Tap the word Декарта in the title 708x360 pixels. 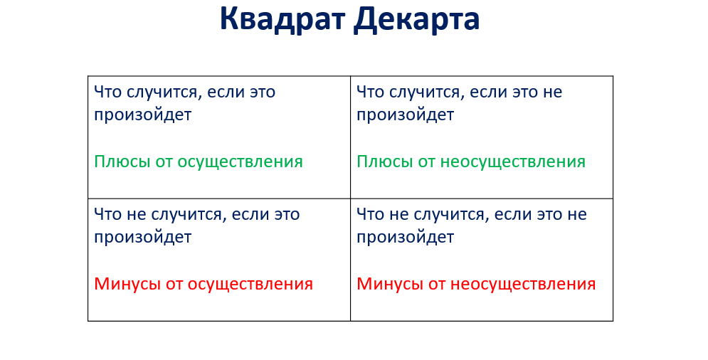point(416,19)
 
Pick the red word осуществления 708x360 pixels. point(250,285)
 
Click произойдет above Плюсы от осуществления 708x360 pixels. point(142,115)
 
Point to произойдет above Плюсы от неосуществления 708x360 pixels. point(405,115)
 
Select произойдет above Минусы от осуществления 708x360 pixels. point(142,237)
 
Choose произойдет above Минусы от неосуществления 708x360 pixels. point(405,237)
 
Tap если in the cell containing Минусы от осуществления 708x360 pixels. point(241,214)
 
